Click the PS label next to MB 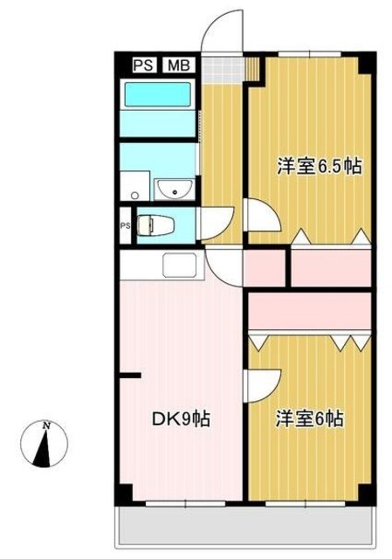point(142,65)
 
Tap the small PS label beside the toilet point(124,225)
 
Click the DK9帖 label point(180,418)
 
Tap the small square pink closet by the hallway point(265,269)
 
